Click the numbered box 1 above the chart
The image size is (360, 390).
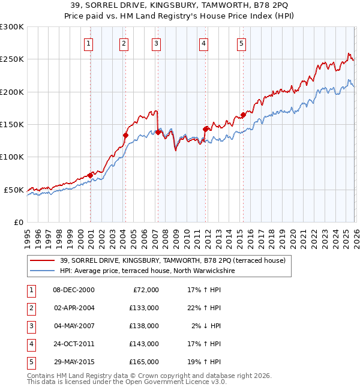88,43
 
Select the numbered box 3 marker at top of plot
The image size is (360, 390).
155,43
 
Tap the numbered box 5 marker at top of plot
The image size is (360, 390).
241,43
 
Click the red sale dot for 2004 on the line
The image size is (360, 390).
125,136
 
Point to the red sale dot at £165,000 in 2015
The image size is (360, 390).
243,115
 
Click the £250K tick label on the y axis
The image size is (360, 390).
12,59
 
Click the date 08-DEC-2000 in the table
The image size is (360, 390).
74,290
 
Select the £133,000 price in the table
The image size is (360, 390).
144,308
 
